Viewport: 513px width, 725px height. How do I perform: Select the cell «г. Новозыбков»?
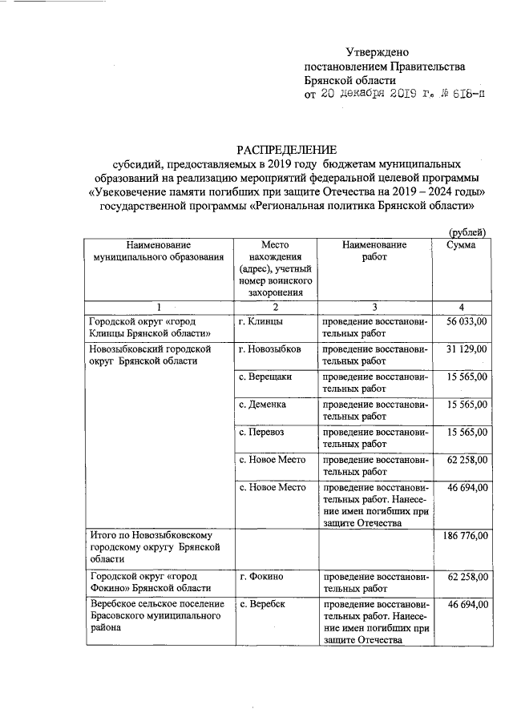pos(270,350)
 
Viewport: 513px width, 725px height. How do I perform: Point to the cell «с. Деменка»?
pos(264,405)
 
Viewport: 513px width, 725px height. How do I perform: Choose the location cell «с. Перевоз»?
pos(261,433)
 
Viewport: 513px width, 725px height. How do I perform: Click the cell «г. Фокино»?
pos(261,576)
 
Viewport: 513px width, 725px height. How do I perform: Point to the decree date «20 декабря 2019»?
pos(366,95)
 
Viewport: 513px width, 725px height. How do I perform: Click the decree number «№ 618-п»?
pos(461,95)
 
